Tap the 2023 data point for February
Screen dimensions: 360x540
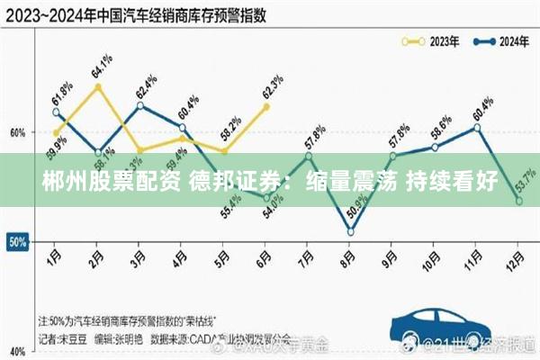[x=98, y=86]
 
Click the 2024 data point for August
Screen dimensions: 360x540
[x=351, y=232]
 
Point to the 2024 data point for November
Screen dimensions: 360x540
[x=477, y=127]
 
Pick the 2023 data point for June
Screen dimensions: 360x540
[x=266, y=106]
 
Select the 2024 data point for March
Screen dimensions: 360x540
[x=140, y=105]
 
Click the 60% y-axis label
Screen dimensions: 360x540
[x=18, y=132]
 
